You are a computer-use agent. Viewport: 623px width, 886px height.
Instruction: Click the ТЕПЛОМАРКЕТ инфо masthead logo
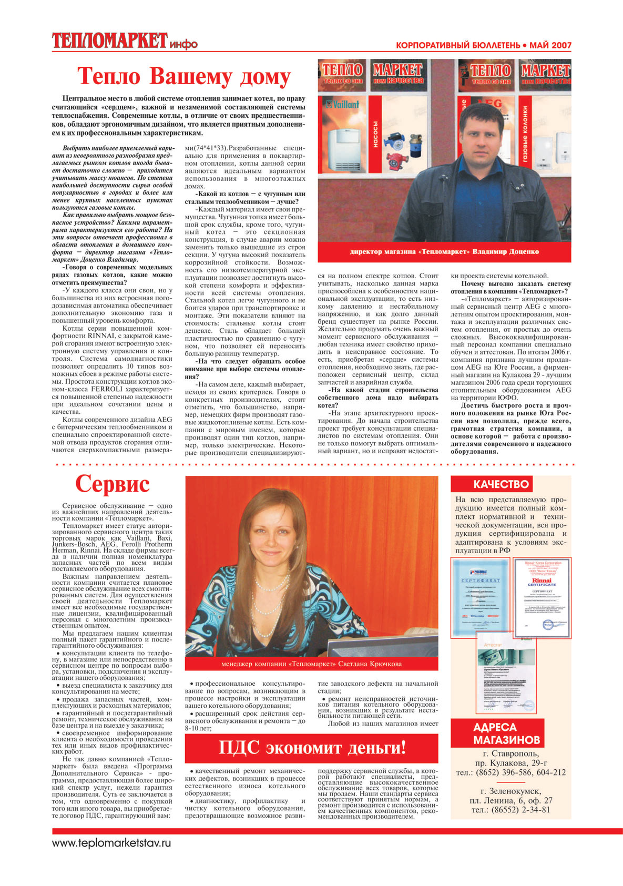(124, 40)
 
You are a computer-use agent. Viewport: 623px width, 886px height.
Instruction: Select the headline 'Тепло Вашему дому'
(183, 77)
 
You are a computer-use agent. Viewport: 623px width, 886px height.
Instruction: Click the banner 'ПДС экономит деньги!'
(312, 748)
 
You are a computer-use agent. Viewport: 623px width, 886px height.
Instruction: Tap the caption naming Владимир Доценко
(444, 251)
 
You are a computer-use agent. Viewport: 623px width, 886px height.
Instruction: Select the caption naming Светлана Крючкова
(311, 664)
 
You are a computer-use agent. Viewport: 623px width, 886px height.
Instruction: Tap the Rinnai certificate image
(542, 598)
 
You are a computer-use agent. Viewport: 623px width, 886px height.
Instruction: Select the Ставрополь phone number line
(510, 772)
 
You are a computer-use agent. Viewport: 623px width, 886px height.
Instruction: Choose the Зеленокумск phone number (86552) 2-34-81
(510, 810)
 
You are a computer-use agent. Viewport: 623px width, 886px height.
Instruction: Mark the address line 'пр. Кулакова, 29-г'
(510, 763)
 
